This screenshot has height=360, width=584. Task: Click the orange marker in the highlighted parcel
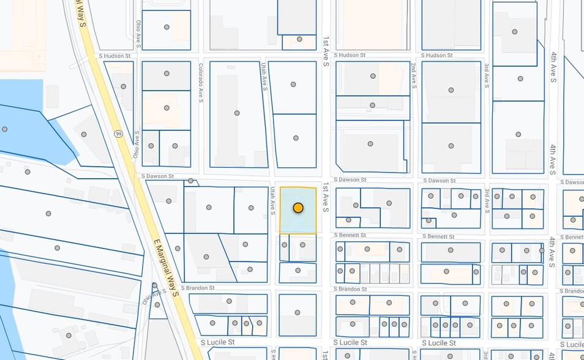[x=298, y=208]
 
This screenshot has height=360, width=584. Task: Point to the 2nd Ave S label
[x=414, y=75]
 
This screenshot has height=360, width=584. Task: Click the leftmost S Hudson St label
[x=115, y=56]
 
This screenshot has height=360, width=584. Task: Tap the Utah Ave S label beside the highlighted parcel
[x=272, y=201]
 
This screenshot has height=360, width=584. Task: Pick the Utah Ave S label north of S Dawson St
[x=264, y=77]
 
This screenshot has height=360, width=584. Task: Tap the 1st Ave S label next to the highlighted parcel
[x=326, y=198]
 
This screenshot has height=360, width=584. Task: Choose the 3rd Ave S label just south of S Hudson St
[x=487, y=75]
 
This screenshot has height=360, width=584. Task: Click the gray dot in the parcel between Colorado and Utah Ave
[x=237, y=113]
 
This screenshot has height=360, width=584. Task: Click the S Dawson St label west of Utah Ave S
[x=157, y=176]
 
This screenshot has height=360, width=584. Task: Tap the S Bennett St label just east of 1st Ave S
[x=350, y=235]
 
